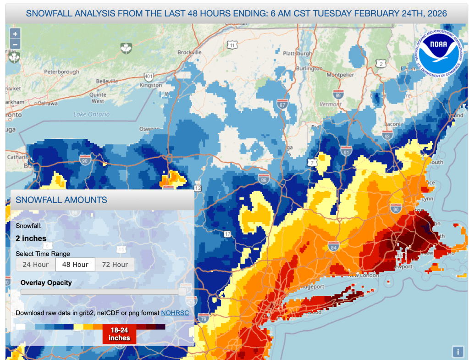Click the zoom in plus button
tap(15, 34)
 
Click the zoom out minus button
tap(15, 44)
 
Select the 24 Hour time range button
tap(36, 265)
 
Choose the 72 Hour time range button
tap(115, 265)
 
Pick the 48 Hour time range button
tap(75, 265)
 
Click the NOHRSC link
tap(175, 313)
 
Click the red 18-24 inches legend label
tap(119, 333)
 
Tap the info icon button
tap(457, 351)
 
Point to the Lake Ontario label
tap(92, 114)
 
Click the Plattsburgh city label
tap(297, 53)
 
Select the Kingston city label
tap(151, 85)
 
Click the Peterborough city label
tap(61, 72)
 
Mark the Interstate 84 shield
tap(334, 247)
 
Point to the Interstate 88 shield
tap(264, 178)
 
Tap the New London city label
tap(364, 275)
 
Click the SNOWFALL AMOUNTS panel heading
tap(61, 200)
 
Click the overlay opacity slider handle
tap(182, 292)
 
